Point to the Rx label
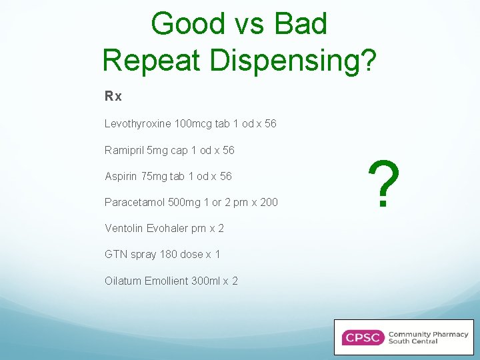113,97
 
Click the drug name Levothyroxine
137,124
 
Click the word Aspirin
120,176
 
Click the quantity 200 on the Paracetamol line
269,202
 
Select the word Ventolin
123,228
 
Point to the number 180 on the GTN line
169,255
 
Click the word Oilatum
123,281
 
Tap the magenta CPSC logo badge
362,337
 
